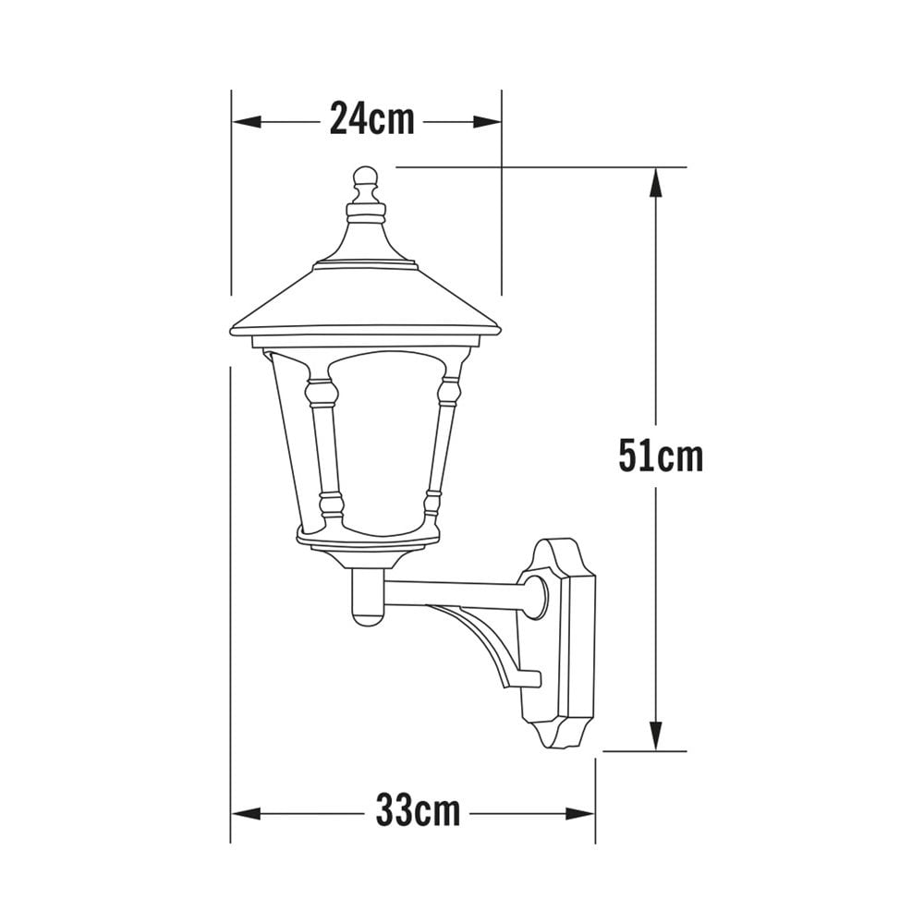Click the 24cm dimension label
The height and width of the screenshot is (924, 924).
371,120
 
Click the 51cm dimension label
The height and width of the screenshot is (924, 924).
660,456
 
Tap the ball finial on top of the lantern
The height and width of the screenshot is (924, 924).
366,176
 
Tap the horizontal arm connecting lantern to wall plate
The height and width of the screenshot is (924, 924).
453,591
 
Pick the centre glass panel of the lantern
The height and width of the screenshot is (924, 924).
383,444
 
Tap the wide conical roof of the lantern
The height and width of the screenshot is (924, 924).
365,300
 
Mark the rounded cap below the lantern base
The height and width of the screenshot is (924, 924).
366,601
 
